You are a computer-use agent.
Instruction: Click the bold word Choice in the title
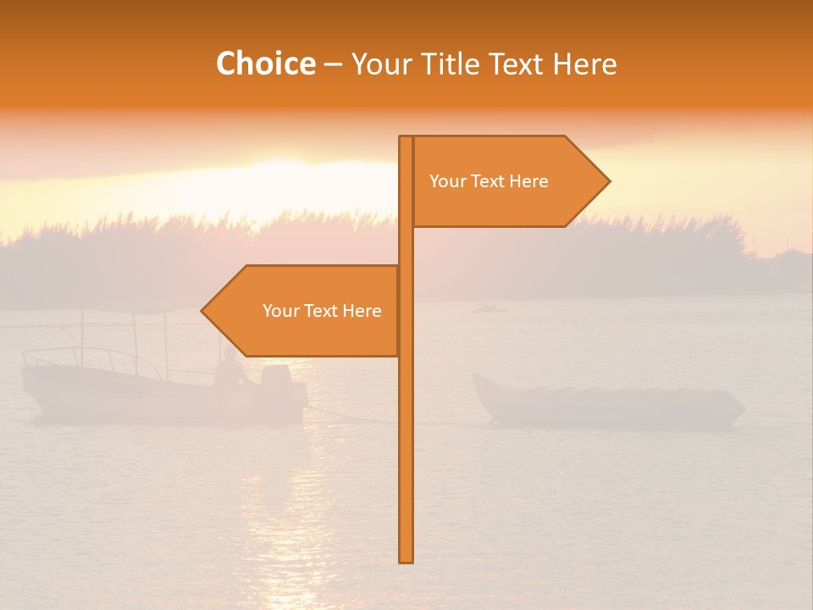click(265, 64)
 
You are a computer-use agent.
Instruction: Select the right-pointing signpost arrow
click(508, 181)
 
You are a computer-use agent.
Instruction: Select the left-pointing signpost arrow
click(305, 311)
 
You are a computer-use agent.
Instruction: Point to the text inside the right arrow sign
click(489, 181)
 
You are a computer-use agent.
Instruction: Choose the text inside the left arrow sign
click(322, 311)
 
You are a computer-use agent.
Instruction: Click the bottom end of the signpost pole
click(406, 559)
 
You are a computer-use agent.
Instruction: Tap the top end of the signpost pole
click(406, 139)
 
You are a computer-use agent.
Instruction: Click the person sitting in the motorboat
click(230, 370)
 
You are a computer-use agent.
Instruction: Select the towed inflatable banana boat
click(606, 405)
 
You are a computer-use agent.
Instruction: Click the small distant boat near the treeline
click(488, 308)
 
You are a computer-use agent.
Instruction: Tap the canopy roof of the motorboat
click(135, 308)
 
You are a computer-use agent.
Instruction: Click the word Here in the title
click(584, 64)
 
